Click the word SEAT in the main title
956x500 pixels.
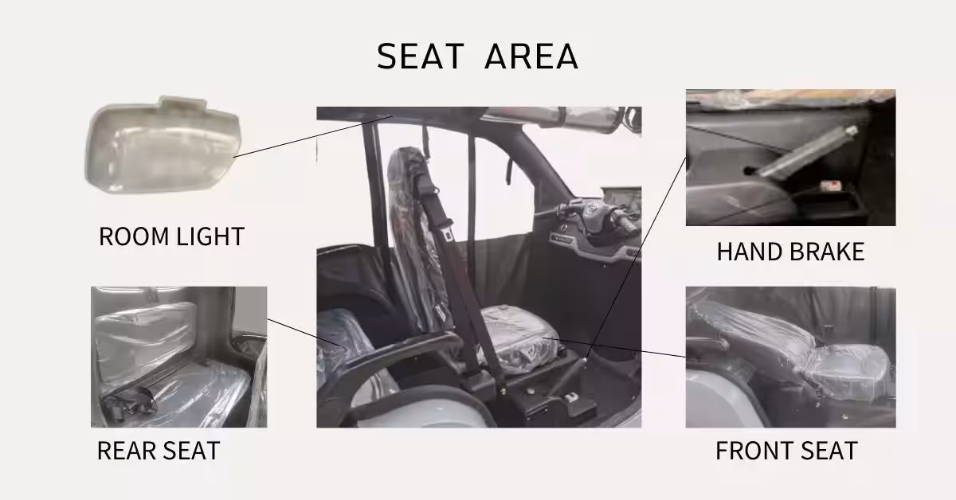[x=421, y=56]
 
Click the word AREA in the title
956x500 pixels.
[x=532, y=56]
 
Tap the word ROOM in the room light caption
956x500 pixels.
[x=134, y=236]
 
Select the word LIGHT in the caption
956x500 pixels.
[x=210, y=236]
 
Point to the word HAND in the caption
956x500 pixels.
[x=750, y=252]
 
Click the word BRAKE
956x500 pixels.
[x=827, y=252]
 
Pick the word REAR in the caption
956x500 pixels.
[x=127, y=451]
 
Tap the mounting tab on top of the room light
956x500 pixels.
[x=182, y=103]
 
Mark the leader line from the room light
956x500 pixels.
[x=313, y=136]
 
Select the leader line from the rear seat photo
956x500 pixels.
[x=304, y=332]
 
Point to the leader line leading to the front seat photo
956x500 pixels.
[x=613, y=347]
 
